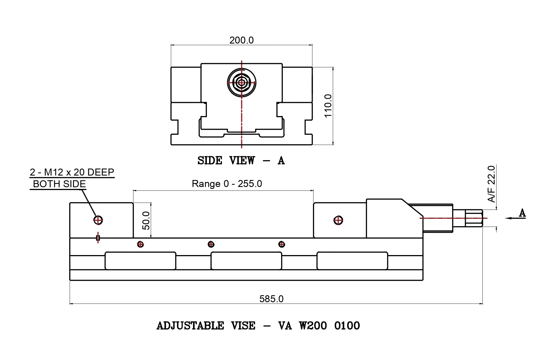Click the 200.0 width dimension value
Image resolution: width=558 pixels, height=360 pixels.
(x=241, y=40)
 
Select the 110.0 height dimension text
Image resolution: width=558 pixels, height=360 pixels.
(x=328, y=106)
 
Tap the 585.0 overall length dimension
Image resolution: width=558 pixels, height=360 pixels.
(x=271, y=299)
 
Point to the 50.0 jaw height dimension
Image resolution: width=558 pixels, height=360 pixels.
(x=146, y=220)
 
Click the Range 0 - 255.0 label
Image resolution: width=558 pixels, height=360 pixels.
(x=227, y=184)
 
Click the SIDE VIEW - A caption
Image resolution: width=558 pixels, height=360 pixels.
(x=241, y=160)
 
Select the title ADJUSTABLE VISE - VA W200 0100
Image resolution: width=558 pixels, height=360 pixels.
(x=258, y=326)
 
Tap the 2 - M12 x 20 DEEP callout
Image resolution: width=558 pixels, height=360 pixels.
(x=72, y=172)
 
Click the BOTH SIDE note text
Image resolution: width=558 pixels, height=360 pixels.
(x=59, y=184)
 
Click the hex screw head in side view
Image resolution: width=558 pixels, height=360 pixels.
(x=241, y=83)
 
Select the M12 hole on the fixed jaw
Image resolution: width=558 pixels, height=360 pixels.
(x=98, y=220)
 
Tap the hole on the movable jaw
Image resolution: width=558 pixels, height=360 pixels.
(x=338, y=220)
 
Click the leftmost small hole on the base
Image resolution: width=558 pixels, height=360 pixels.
(x=140, y=244)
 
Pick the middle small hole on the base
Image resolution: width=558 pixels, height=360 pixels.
(x=211, y=244)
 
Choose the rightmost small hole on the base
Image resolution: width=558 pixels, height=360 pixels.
(x=282, y=244)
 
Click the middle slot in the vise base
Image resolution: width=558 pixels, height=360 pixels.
(x=246, y=261)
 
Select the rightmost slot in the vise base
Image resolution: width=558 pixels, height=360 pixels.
(x=352, y=261)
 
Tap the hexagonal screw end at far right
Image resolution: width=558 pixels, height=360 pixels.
(x=474, y=218)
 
